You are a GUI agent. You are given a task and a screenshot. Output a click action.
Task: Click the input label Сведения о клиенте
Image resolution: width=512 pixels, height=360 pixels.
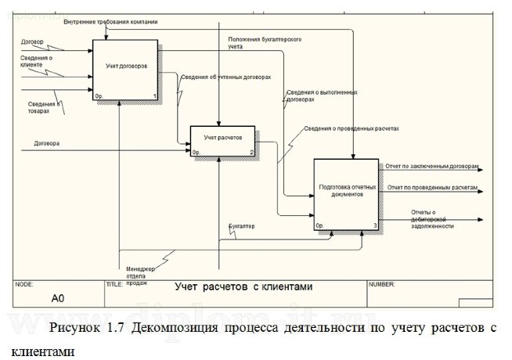coord(37,61)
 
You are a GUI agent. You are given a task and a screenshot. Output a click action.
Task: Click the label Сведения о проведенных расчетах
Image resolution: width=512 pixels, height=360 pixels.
coord(352,128)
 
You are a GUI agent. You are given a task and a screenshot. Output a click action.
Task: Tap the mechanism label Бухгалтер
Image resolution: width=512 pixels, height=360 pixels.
coord(242,226)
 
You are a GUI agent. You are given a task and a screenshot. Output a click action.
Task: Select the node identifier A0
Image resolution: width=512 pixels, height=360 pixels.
coord(58,298)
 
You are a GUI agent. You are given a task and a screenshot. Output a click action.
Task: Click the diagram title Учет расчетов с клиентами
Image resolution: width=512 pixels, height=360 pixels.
coord(243,287)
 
